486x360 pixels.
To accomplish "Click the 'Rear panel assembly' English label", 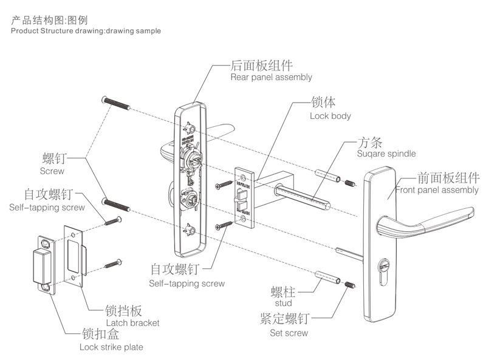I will (x=271, y=77).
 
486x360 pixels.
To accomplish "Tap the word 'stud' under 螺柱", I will (x=283, y=303).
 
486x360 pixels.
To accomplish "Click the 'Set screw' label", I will (x=289, y=333).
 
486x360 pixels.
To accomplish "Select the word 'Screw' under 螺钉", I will (x=52, y=171).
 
